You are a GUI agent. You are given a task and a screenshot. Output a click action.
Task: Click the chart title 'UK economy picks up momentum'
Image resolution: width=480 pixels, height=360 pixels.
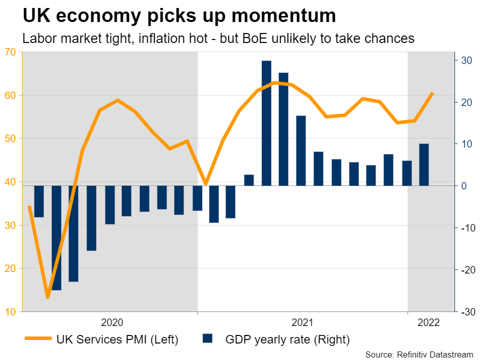[179, 16]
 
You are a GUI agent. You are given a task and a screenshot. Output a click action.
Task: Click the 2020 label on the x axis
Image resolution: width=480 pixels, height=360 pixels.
[112, 322]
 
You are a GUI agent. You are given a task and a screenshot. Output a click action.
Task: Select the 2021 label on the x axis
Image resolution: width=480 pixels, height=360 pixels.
[302, 322]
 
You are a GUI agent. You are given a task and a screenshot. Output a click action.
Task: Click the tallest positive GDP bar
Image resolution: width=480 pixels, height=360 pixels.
[266, 123]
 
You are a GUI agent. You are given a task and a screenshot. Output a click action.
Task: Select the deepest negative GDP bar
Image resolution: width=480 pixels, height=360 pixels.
[56, 237]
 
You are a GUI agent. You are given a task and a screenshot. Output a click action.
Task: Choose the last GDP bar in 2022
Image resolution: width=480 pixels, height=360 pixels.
[424, 165]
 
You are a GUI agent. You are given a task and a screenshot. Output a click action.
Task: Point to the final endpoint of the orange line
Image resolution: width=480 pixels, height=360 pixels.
[432, 93]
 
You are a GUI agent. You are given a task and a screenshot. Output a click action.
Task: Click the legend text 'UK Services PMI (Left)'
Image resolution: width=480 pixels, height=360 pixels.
[117, 339]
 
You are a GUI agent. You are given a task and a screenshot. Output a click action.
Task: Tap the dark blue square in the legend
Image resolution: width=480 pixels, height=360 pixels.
[207, 339]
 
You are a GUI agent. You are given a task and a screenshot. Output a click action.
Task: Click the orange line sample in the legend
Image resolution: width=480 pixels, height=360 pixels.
[38, 339]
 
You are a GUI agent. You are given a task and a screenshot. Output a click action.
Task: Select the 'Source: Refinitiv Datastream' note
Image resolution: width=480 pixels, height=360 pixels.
[419, 354]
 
